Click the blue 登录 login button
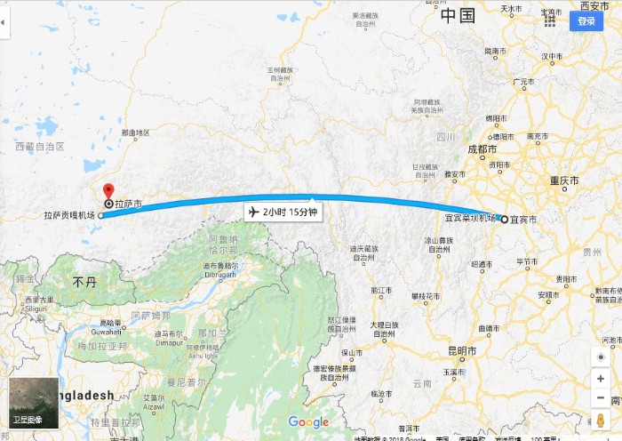pos(586,20)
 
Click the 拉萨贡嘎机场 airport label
pos(71,215)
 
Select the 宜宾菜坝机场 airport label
pos(470,218)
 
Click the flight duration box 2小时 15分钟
pos(283,212)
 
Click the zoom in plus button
pos(602,379)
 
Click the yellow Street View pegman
pos(602,420)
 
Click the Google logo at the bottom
pos(308,422)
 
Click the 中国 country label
pos(459,15)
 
